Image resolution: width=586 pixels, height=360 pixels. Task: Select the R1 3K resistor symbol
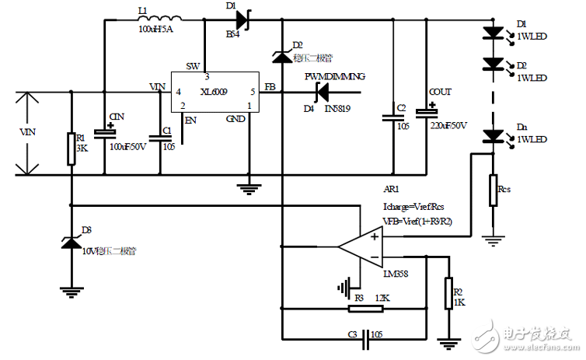point(71,149)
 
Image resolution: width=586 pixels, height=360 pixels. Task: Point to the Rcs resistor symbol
point(493,190)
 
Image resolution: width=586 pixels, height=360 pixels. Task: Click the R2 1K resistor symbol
point(448,293)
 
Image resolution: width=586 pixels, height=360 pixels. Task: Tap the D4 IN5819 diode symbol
point(319,92)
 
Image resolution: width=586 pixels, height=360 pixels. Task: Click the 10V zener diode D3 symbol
point(71,243)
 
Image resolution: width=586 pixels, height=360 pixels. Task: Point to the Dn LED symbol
point(493,137)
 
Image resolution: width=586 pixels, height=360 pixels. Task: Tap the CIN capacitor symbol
point(103,132)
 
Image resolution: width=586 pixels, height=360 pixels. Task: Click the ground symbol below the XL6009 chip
point(249,187)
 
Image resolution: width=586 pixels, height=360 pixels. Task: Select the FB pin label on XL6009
point(270,86)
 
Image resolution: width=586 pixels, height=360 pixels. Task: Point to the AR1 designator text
point(392,189)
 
